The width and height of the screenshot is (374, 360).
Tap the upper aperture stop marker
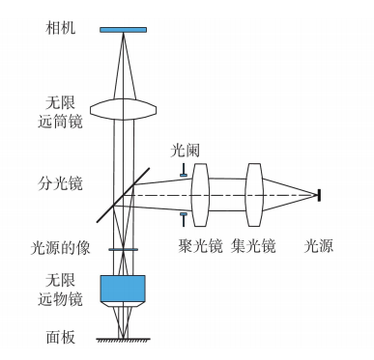(x=184, y=174)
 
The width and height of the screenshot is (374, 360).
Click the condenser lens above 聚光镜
(x=202, y=194)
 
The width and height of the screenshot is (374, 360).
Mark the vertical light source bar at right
(x=322, y=194)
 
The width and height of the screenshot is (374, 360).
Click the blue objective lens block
(x=125, y=288)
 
